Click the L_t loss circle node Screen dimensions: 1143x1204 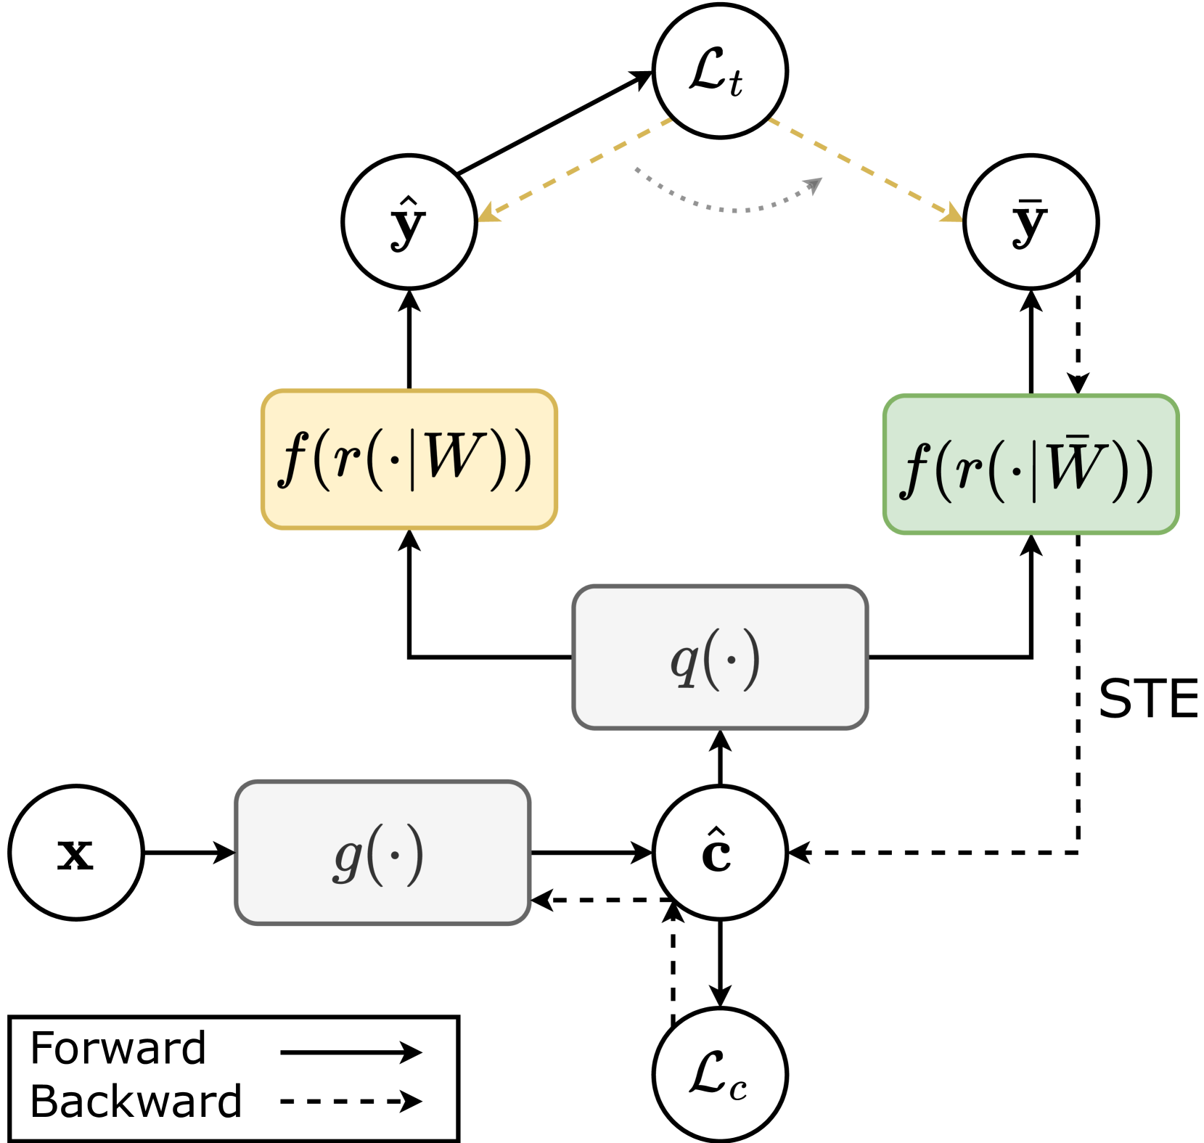coord(719,71)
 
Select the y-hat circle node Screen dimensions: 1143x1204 coord(409,222)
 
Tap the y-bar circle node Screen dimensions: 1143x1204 coord(1031,222)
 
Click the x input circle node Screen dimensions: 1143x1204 coord(75,853)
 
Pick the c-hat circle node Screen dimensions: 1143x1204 coord(719,853)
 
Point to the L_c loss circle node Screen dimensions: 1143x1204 coord(719,1075)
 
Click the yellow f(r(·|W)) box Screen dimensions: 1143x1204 coord(409,459)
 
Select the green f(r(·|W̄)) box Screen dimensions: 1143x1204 coord(1031,464)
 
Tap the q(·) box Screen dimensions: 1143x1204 coord(719,657)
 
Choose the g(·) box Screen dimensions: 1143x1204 coord(382,853)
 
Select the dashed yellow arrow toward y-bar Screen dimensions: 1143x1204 coord(864,168)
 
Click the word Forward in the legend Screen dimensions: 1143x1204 coord(118,1048)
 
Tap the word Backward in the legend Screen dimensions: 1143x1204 coord(136,1102)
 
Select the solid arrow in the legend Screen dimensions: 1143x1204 coord(351,1052)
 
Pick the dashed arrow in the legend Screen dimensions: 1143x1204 coord(351,1102)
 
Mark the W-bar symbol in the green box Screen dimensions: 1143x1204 coord(1076,464)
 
